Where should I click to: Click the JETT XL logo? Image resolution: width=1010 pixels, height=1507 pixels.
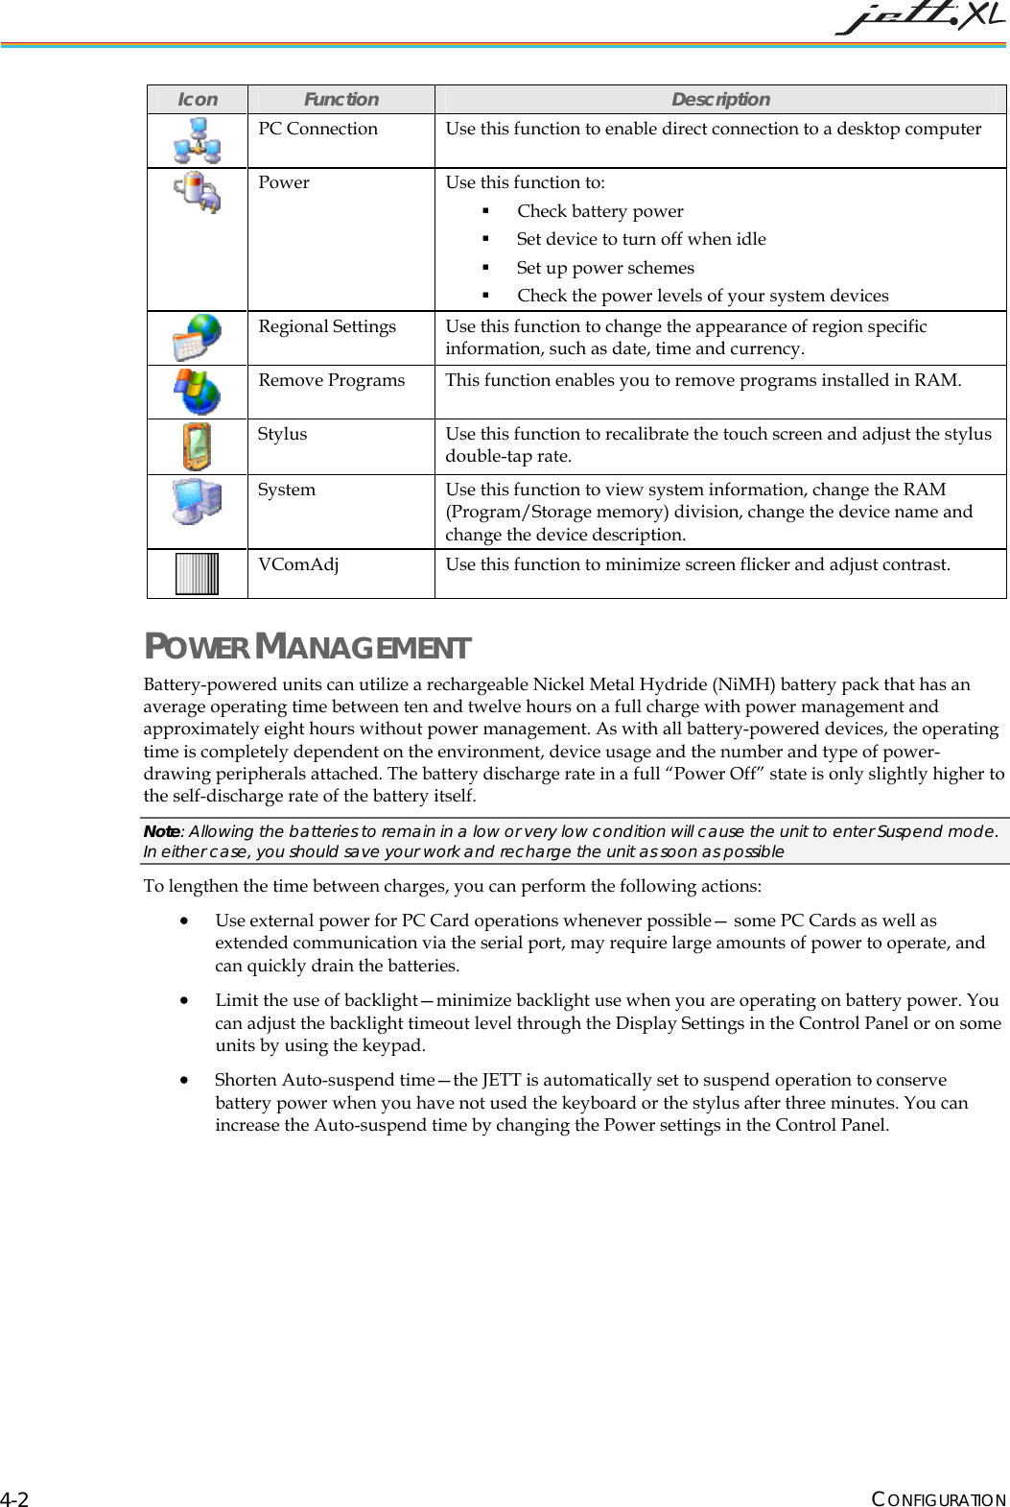point(919,19)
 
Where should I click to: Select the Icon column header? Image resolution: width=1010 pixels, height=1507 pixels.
point(198,99)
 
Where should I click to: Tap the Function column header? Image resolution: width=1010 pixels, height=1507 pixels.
point(341,99)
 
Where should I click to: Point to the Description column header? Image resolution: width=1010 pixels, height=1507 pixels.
point(719,99)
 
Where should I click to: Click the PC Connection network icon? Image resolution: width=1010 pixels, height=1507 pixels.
point(198,140)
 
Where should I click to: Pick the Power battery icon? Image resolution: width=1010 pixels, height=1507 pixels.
point(198,192)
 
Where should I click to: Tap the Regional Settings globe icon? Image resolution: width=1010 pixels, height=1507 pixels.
point(198,338)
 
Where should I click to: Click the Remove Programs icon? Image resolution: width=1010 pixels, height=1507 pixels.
point(198,392)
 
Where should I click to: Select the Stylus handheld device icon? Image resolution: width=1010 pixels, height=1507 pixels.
point(198,446)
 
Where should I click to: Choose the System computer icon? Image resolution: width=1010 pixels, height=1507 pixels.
point(198,501)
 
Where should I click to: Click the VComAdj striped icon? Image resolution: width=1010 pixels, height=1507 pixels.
point(198,574)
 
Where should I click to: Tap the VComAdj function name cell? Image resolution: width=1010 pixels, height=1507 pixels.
point(298,564)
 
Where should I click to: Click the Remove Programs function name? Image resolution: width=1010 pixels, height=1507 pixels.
point(332,380)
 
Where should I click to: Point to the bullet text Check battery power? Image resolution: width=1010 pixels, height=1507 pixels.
point(600,211)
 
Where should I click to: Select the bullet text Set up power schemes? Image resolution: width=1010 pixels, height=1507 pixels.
point(605,268)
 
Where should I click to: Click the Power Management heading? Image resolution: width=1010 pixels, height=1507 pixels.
point(307,647)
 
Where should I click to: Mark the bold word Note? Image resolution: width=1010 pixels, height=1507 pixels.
point(161,831)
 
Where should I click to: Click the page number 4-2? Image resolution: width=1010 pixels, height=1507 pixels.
point(14,1499)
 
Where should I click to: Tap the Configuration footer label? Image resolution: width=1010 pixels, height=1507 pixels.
point(938,1499)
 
